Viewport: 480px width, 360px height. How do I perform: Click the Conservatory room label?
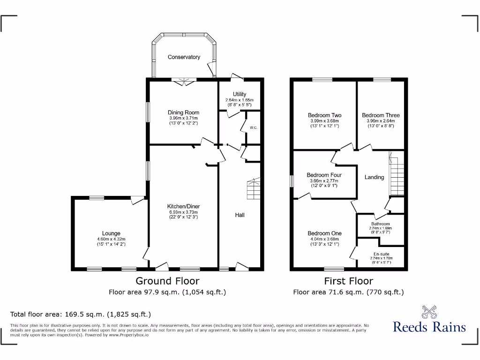[x=184, y=57]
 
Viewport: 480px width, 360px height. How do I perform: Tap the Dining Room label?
[x=184, y=112]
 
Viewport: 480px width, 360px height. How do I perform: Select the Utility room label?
[x=239, y=94]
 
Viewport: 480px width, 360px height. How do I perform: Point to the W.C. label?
[x=253, y=127]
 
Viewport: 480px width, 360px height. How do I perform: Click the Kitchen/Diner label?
[x=184, y=206]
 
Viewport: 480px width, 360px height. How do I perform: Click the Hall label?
[x=240, y=215]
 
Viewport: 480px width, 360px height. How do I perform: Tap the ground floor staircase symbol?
[x=253, y=189]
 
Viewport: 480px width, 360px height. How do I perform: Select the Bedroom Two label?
[x=324, y=115]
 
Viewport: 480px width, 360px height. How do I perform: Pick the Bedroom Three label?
[x=381, y=115]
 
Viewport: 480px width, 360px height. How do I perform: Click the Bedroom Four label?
[x=324, y=175]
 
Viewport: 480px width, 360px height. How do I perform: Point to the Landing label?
[x=374, y=177]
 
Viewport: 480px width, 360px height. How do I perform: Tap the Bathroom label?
[x=380, y=224]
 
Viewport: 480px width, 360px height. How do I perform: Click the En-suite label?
[x=380, y=254]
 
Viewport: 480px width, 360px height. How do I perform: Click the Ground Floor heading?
[x=167, y=281]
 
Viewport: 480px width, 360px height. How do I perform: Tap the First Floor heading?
[x=348, y=281]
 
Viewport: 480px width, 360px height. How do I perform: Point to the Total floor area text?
[x=81, y=314]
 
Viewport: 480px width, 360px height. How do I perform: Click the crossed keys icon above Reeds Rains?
[x=429, y=312]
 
